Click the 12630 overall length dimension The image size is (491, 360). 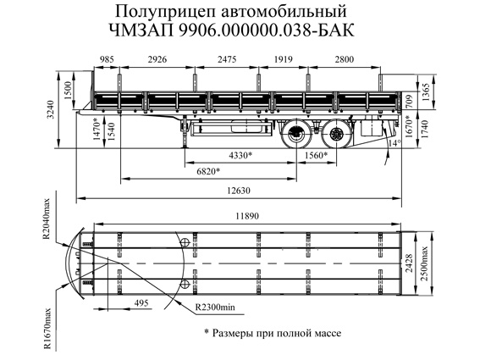pyautogui.click(x=239, y=191)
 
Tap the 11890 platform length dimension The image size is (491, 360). pyautogui.click(x=247, y=216)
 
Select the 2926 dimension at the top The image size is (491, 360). pyautogui.click(x=157, y=59)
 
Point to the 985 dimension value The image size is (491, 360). pyautogui.click(x=107, y=59)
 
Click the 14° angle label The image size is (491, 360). pyautogui.click(x=394, y=143)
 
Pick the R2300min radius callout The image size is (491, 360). pyautogui.click(x=215, y=307)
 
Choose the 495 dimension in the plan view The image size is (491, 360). pyautogui.click(x=141, y=303)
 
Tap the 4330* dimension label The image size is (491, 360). pyautogui.click(x=240, y=155)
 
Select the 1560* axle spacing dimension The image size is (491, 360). pyautogui.click(x=317, y=155)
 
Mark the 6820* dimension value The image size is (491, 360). pyautogui.click(x=208, y=171)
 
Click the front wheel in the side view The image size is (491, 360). pyautogui.click(x=296, y=135)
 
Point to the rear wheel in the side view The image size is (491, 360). pyautogui.click(x=337, y=135)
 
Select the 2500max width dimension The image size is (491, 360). pyautogui.click(x=424, y=263)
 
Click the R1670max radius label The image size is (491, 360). pyautogui.click(x=47, y=329)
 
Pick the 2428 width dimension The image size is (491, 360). pyautogui.click(x=409, y=263)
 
